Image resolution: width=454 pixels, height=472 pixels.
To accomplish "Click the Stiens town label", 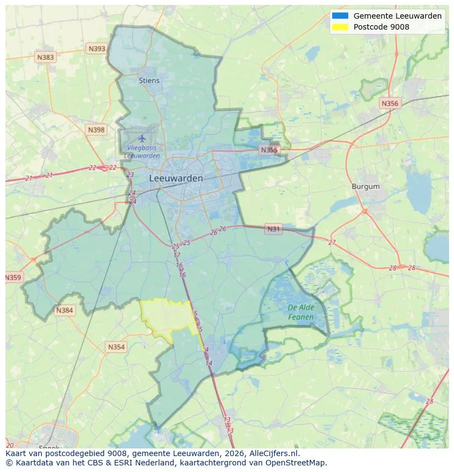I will coord(149,81).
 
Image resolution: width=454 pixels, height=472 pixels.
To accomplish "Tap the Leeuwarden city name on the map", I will coord(175,178).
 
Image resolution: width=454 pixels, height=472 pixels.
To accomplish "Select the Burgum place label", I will coord(365,186).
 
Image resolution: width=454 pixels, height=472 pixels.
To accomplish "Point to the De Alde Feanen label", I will coord(301,312).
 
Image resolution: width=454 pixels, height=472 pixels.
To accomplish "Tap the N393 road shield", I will coord(97,49).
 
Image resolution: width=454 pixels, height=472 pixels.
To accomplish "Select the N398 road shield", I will coord(95,130).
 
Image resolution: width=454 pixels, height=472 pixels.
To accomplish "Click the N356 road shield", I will coord(390,103).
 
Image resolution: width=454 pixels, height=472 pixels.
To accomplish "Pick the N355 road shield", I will coord(269,150).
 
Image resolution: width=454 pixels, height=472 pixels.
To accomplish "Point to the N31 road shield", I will coord(273,229).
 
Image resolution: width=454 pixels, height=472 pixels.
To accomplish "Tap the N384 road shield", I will coord(64,311).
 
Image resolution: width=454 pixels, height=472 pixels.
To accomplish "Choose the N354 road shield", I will coord(116,347).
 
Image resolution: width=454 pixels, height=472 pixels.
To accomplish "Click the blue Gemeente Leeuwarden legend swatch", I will coord(340,16).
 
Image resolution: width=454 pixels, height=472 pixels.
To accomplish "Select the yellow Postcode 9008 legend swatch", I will coord(340,27).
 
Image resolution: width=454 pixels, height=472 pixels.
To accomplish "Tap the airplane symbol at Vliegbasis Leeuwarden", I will coord(143,138).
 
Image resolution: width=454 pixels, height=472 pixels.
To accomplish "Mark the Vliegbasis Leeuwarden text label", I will coord(142,152).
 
